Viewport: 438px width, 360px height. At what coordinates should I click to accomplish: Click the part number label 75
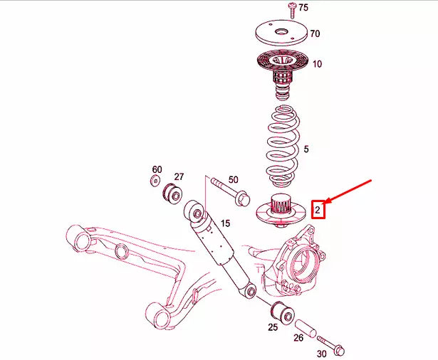(304, 8)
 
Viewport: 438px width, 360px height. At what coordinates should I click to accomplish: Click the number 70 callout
(315, 33)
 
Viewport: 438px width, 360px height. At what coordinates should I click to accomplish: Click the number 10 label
(317, 64)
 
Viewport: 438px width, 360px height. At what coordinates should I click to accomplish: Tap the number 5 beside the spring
(306, 149)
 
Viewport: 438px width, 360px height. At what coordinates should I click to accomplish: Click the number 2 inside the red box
(318, 209)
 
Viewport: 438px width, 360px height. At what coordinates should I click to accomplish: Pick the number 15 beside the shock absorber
(225, 223)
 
